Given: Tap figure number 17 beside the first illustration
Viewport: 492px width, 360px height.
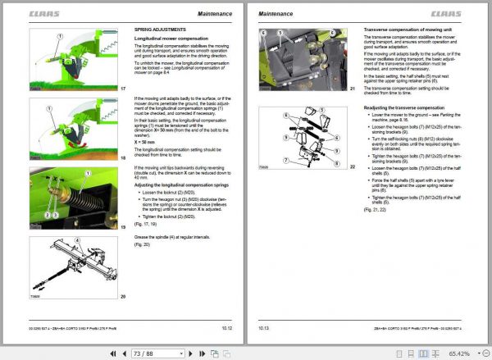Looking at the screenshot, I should [x=122, y=89].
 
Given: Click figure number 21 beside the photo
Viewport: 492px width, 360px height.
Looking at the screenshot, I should [x=352, y=88].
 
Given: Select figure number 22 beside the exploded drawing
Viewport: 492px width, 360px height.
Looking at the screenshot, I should [x=352, y=166].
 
